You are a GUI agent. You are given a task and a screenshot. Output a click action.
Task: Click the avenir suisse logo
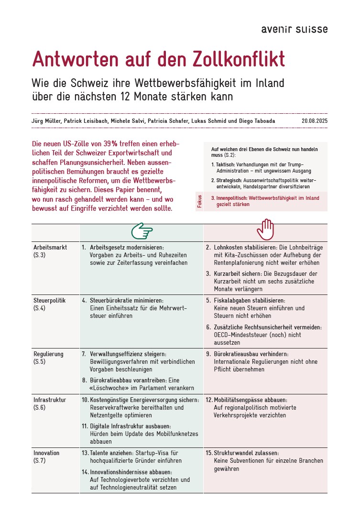[x=294, y=29]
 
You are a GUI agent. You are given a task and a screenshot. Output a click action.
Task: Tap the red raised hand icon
[x=265, y=230]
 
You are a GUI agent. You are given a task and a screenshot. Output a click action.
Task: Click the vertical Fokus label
[x=199, y=201]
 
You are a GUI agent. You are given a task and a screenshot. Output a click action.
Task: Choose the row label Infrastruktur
[x=50, y=400]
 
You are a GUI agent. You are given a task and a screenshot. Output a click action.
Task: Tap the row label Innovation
[x=46, y=453]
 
